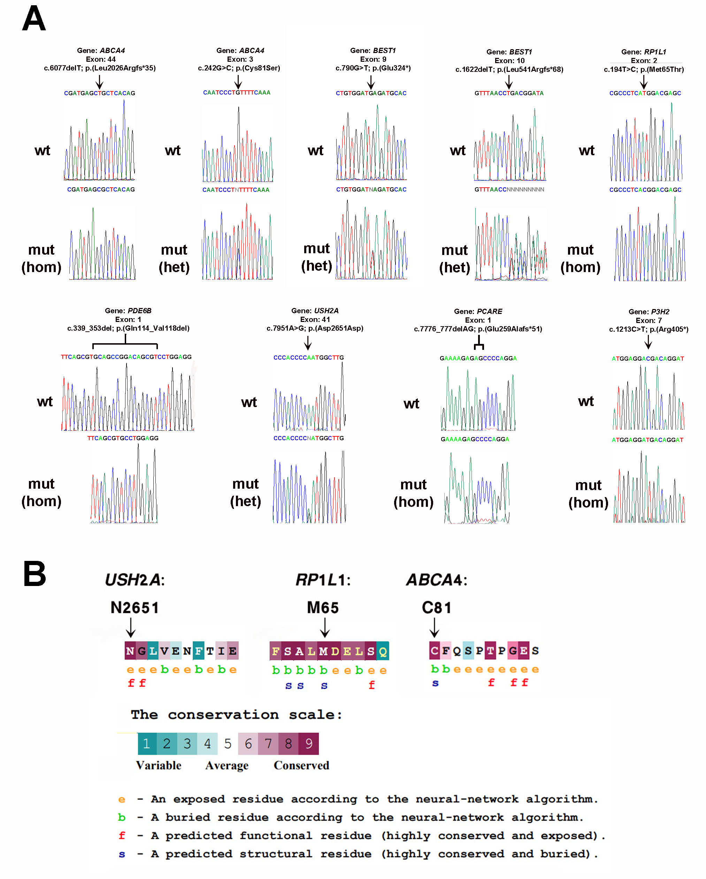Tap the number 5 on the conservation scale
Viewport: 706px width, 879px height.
[228, 744]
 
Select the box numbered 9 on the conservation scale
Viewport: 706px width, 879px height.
[309, 744]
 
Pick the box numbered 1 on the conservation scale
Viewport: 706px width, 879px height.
[147, 744]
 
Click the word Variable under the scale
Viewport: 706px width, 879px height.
[159, 765]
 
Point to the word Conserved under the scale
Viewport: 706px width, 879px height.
[301, 765]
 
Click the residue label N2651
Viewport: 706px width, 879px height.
[135, 608]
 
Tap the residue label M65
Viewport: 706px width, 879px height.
[323, 608]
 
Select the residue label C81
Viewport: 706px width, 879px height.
[436, 608]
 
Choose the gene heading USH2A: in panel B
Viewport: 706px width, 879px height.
[135, 580]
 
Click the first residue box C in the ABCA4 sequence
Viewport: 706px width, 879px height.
[434, 651]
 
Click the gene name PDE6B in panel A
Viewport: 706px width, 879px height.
[139, 311]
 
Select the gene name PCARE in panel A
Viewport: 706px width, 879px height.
[489, 311]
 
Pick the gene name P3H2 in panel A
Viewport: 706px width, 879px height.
[660, 312]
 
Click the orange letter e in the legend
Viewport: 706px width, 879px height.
[121, 799]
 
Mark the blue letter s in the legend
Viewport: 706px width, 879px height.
[121, 854]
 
